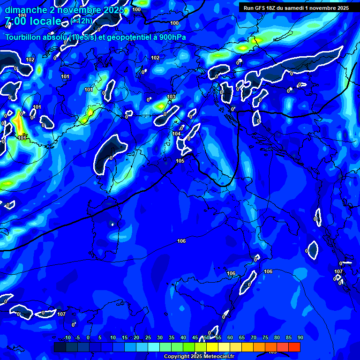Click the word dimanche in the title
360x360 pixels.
click(x=26, y=10)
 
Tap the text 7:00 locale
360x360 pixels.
click(x=33, y=21)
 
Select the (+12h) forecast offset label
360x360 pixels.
click(x=82, y=21)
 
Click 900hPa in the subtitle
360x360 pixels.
click(x=173, y=37)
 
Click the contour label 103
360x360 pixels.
click(x=171, y=97)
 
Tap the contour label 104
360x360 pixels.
click(x=176, y=134)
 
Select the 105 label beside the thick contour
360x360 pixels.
click(x=180, y=161)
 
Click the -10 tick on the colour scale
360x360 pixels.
click(x=67, y=337)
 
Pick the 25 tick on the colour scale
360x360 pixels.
click(x=148, y=337)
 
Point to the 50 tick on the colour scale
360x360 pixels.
click(x=207, y=337)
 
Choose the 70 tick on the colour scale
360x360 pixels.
click(x=254, y=337)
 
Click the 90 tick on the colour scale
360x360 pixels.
click(x=300, y=337)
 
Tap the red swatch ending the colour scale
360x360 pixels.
click(x=294, y=347)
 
